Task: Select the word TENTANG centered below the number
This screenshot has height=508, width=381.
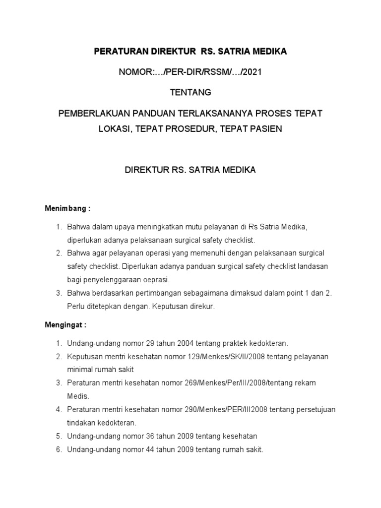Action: click(x=190, y=92)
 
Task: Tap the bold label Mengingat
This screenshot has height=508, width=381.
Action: click(x=65, y=325)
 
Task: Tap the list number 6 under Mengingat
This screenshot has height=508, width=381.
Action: click(x=58, y=450)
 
